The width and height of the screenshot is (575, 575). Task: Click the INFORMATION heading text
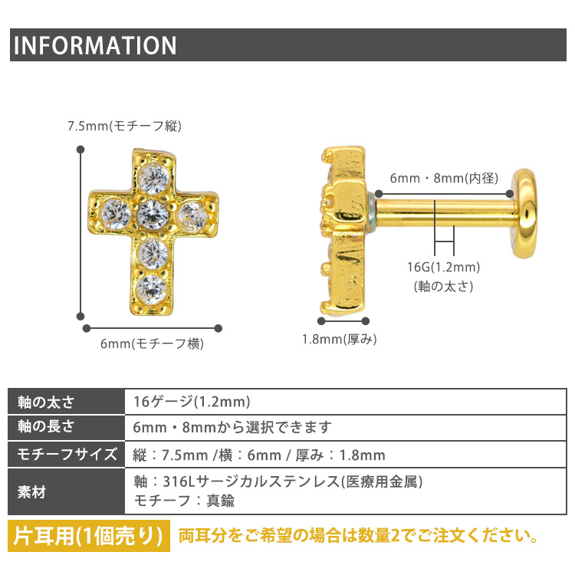pos(95,45)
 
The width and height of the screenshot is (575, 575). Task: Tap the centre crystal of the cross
pos(153,214)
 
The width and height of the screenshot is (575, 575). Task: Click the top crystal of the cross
pos(154,179)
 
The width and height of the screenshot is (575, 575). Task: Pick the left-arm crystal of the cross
pos(116,214)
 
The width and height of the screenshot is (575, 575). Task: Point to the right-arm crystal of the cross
pos(192,216)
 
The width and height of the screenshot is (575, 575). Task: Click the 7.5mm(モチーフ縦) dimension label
pos(124,127)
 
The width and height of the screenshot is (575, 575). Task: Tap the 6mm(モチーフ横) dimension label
pos(152,343)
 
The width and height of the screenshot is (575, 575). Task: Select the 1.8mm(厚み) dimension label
pos(339,339)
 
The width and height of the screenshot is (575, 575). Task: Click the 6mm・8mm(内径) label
pos(444,178)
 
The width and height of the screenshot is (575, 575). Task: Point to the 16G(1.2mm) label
pos(443,267)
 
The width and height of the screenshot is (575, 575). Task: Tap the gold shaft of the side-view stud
pos(445,214)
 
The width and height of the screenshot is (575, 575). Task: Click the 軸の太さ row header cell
pos(67,402)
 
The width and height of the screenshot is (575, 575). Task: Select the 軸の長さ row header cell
pos(67,428)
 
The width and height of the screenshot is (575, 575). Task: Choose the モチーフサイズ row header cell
pos(67,455)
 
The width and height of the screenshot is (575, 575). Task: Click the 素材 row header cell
pos(67,491)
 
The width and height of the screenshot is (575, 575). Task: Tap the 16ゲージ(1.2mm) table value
pos(192,402)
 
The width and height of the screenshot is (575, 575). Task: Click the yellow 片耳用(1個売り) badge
pos(89,536)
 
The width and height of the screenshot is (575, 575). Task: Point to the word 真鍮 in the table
pos(220,501)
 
